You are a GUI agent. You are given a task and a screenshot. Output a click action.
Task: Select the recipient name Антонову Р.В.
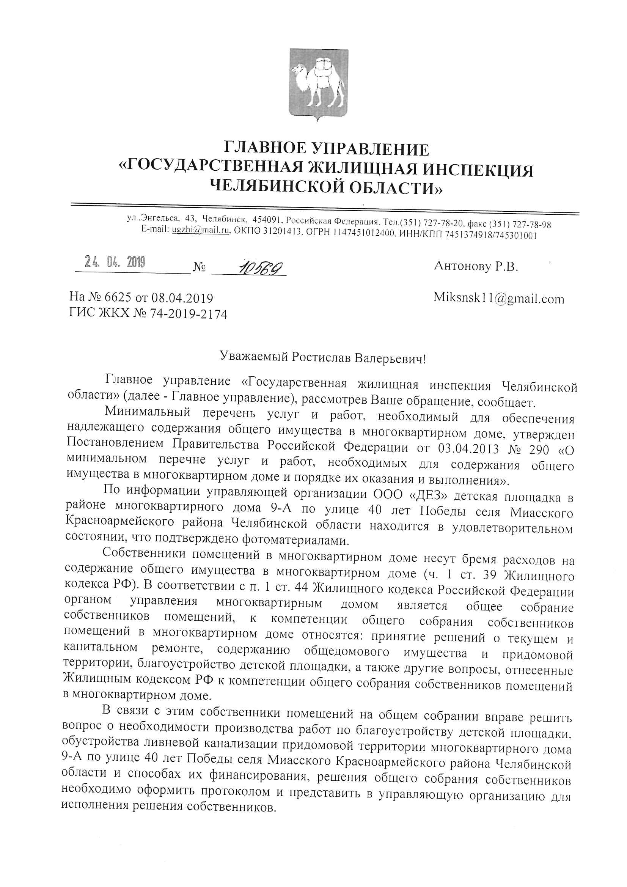[x=476, y=266]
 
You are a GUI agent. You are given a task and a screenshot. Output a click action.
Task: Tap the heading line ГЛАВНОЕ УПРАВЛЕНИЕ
[x=327, y=149]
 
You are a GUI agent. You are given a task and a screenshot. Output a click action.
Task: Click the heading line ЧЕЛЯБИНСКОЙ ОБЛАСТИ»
[x=327, y=188]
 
